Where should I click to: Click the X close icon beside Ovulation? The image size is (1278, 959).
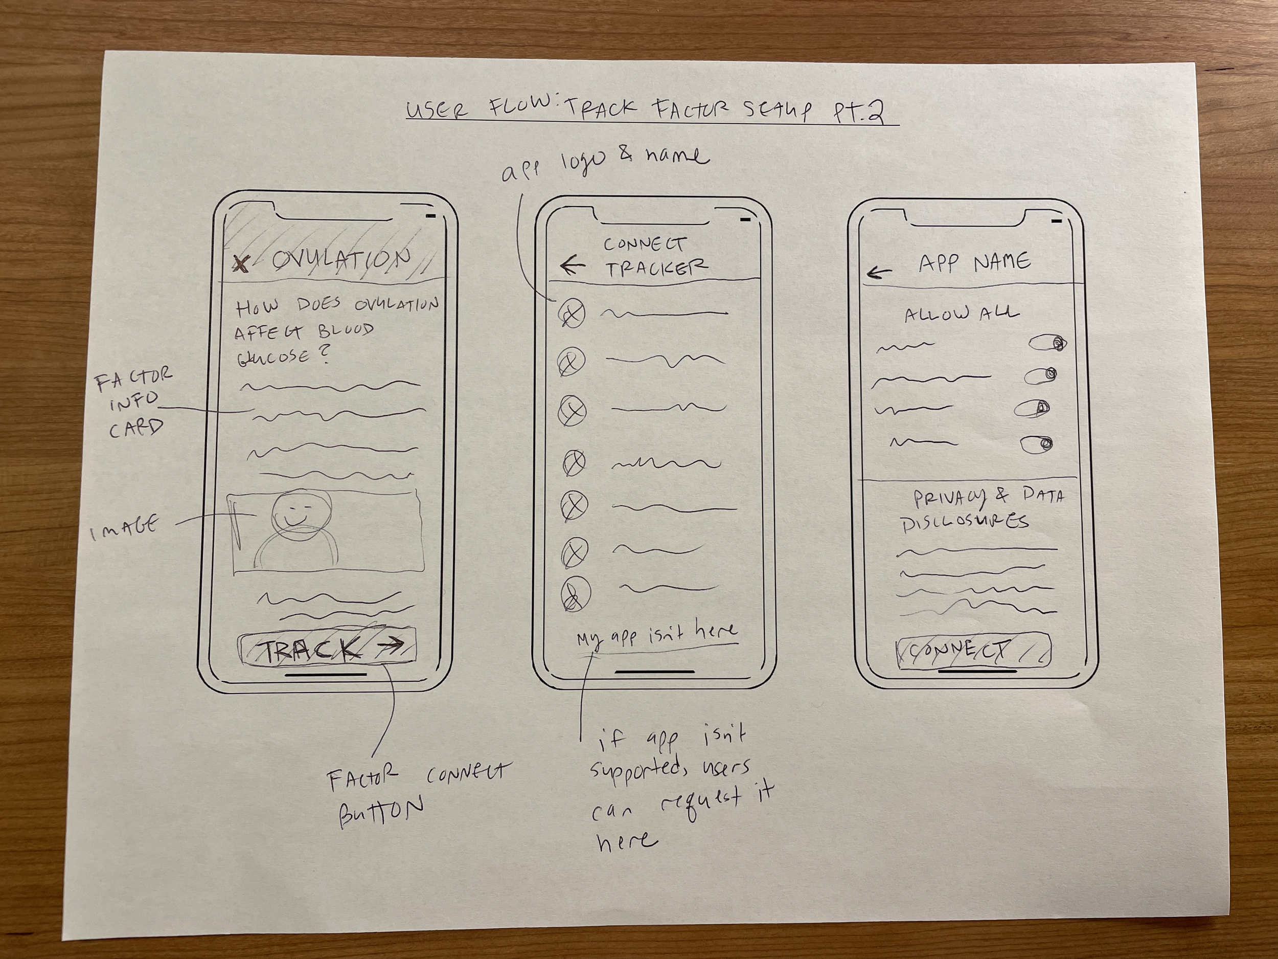[x=241, y=263]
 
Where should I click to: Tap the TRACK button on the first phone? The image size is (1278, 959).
[x=327, y=650]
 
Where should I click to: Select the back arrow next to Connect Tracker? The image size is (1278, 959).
[x=573, y=266]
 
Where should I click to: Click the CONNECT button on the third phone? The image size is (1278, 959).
[x=973, y=652]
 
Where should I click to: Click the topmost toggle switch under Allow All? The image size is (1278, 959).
[x=1047, y=344]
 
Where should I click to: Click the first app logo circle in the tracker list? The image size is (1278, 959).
[x=572, y=314]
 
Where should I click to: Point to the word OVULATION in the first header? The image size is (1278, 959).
[x=341, y=260]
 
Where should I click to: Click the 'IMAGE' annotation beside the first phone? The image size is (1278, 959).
[x=124, y=528]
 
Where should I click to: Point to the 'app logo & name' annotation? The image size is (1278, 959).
[x=603, y=164]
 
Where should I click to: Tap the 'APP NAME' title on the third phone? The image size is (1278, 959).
[x=974, y=263]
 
